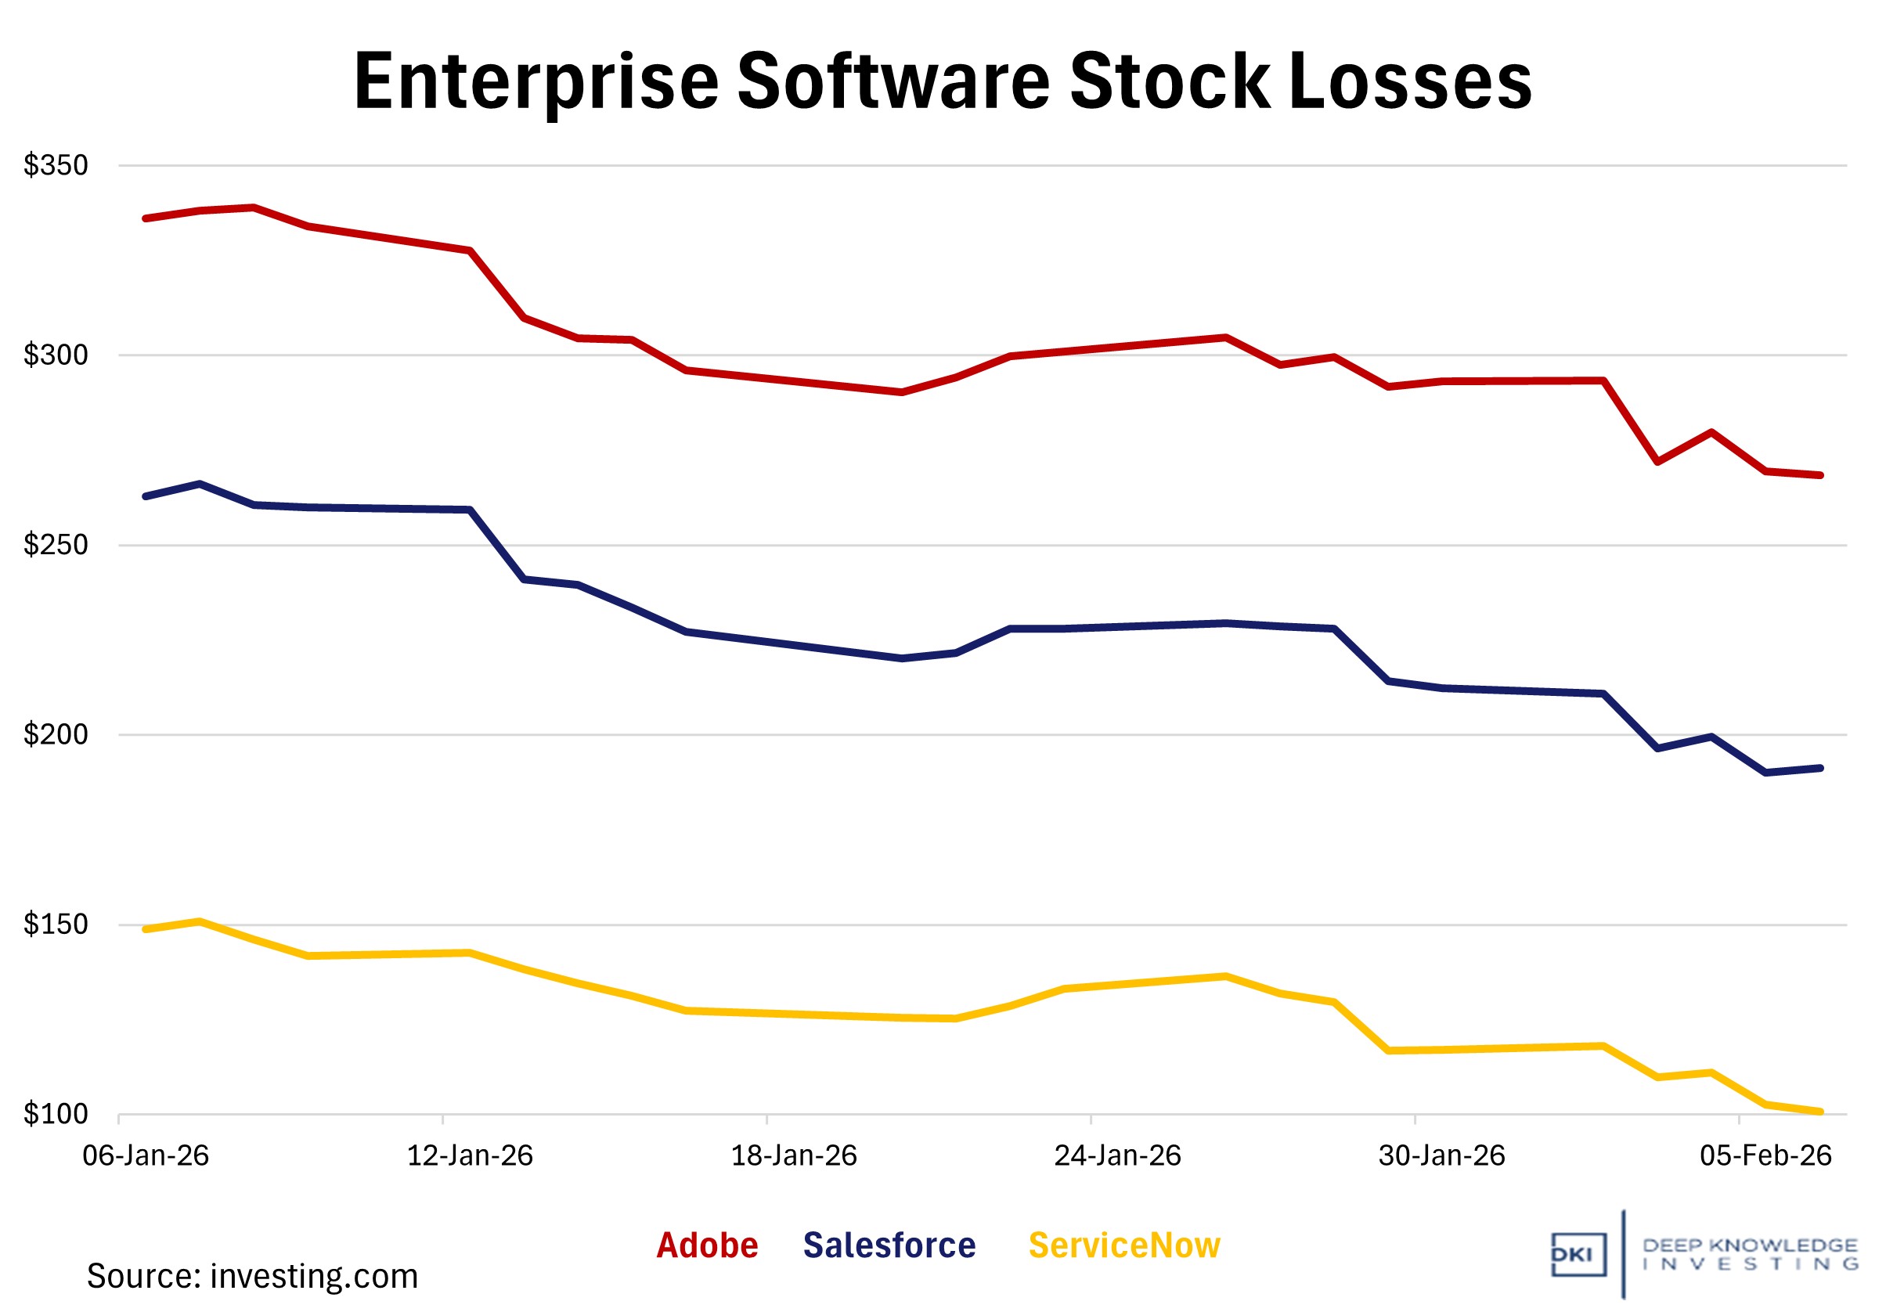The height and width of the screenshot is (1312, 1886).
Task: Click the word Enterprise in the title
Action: [536, 82]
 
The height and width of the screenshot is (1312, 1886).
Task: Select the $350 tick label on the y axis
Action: [56, 166]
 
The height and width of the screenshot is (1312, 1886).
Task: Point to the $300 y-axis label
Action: [56, 355]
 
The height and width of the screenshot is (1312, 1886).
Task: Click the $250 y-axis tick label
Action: [56, 546]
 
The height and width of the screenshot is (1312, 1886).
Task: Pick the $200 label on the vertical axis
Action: [56, 735]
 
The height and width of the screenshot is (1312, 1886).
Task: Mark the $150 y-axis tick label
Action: [56, 925]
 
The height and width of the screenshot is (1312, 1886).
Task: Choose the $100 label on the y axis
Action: [56, 1115]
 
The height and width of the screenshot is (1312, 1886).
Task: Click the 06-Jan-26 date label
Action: [146, 1157]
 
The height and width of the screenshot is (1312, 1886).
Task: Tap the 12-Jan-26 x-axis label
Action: [470, 1157]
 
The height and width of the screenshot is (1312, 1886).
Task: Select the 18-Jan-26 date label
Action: [794, 1157]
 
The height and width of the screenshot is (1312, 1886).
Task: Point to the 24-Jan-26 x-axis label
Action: [1117, 1157]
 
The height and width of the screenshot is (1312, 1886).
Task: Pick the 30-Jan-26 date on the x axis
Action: [1441, 1157]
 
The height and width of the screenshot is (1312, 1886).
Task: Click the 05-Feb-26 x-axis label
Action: [1765, 1157]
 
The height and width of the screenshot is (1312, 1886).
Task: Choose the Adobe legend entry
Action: [706, 1246]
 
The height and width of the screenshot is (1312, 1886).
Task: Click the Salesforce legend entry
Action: [889, 1246]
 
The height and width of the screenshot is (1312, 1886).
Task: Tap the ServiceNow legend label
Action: [1123, 1246]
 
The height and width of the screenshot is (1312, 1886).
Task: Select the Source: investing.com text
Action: [252, 1277]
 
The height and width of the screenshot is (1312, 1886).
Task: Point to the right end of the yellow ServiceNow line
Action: [1820, 1112]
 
